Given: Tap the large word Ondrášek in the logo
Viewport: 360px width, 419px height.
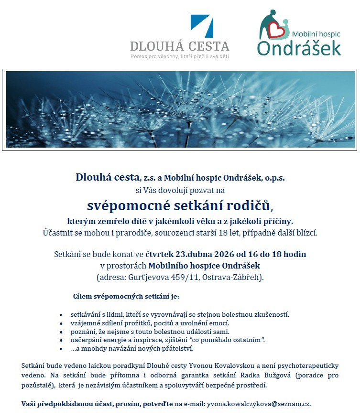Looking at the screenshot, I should point(299,48).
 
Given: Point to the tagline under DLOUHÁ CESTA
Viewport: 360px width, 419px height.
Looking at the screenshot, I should point(180,56).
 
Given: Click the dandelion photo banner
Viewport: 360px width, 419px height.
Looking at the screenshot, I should point(181,109).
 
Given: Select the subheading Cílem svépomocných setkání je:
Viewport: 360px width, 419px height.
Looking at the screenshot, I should point(126,296).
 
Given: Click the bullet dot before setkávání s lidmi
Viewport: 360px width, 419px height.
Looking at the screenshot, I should point(61,315).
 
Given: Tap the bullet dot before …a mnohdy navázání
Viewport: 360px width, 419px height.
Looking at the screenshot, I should point(61,349).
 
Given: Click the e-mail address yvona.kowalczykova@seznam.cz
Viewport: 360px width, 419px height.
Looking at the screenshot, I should point(258,404).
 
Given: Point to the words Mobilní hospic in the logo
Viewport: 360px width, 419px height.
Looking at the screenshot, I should point(316,34).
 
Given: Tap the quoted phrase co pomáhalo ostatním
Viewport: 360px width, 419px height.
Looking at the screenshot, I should point(228,340).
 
